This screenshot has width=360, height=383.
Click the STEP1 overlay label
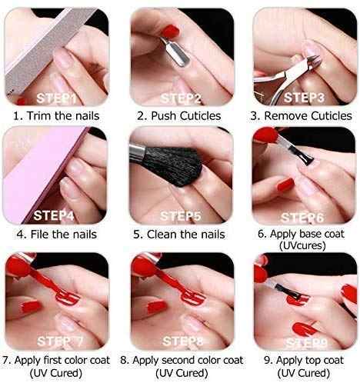click(x=56, y=98)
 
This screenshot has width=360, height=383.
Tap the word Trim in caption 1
click(x=39, y=115)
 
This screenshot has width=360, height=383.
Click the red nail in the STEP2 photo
click(x=170, y=31)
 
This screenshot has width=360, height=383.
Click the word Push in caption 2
click(x=164, y=115)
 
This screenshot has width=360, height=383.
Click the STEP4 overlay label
click(x=54, y=215)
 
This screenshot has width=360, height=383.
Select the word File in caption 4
click(x=40, y=234)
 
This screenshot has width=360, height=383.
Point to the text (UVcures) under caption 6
click(x=302, y=245)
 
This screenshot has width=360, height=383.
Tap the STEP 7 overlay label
click(x=60, y=341)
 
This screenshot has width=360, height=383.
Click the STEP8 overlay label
click(x=183, y=341)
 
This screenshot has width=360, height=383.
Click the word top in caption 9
click(x=310, y=361)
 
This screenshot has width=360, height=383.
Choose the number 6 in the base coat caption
click(x=261, y=234)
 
